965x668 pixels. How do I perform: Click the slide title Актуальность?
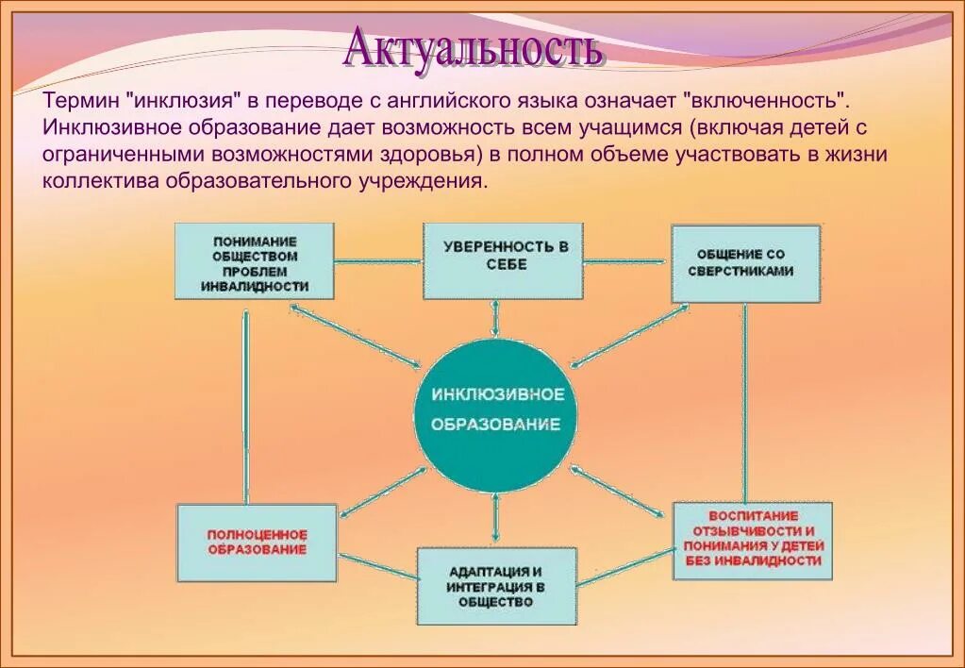tap(472, 47)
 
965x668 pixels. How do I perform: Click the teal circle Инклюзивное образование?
tap(496, 409)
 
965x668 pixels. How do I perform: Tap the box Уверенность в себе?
tap(503, 260)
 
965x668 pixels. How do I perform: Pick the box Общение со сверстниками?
tap(744, 262)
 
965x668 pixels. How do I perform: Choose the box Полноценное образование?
tap(257, 542)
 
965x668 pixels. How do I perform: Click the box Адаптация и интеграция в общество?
tap(497, 586)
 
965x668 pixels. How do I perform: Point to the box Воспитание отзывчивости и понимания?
tap(753, 539)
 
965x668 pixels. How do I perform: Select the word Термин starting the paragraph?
tap(76, 100)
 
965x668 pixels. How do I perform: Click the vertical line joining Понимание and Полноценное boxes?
tap(245, 406)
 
